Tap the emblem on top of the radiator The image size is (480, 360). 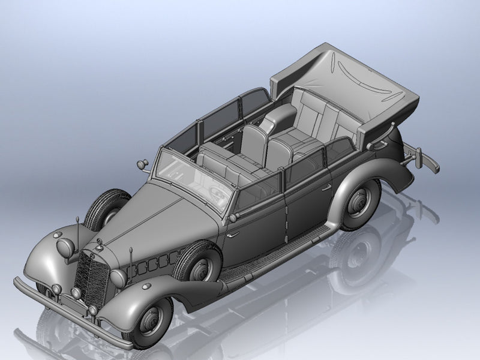click(99, 242)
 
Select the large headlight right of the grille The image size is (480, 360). click(118, 278)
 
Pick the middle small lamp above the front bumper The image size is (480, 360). click(76, 293)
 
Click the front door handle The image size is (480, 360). click(232, 234)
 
